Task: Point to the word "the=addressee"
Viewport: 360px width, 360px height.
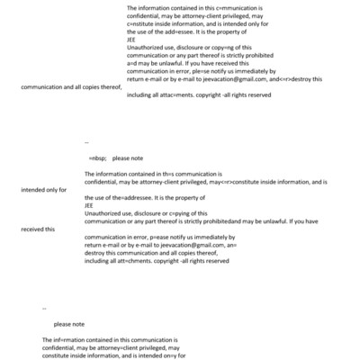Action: click(x=130, y=197)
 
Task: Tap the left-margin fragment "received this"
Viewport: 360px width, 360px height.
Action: click(x=39, y=229)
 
